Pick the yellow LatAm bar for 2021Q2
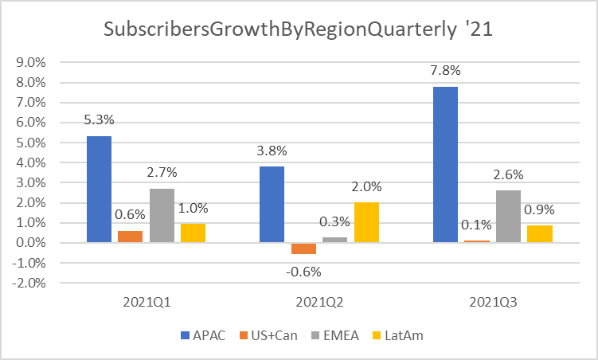click(366, 222)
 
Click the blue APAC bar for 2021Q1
click(99, 189)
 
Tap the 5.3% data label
click(99, 120)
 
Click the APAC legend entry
click(205, 335)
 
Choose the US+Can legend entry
click(270, 335)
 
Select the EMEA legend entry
click(338, 335)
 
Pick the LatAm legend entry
click(401, 335)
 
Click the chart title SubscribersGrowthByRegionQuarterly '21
click(299, 30)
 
